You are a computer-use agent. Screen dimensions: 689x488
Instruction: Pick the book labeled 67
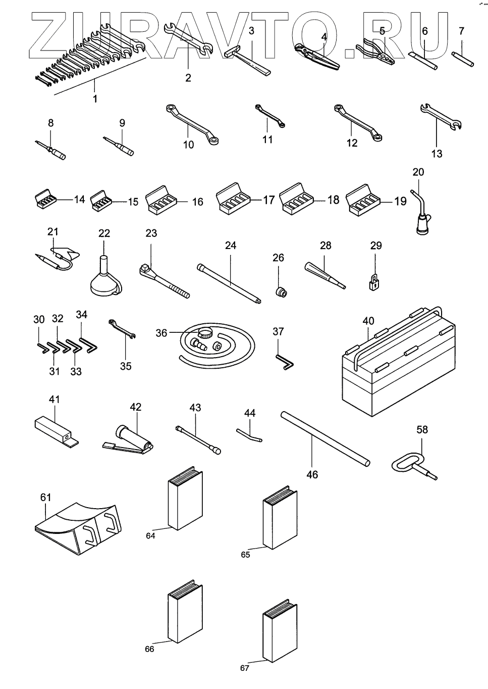(281, 631)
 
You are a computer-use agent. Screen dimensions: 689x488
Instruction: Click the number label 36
(161, 333)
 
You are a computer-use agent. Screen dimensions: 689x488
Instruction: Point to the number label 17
(269, 200)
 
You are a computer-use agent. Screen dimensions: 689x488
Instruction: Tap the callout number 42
(135, 407)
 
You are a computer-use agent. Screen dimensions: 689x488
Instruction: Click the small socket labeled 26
(281, 292)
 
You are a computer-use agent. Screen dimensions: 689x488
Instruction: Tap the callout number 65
(245, 555)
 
